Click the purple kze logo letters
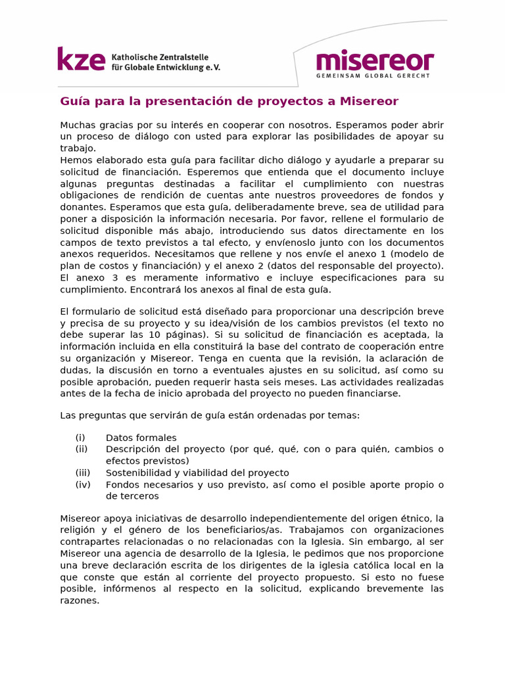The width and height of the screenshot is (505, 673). point(81,59)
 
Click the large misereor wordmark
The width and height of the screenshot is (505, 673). point(375,62)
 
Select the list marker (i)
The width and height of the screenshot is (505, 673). point(80,438)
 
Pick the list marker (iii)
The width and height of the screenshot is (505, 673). point(82,473)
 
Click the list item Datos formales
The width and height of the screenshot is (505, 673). point(141,438)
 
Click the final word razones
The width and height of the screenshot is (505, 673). point(80,600)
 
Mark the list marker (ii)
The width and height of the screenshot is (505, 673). point(82,450)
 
